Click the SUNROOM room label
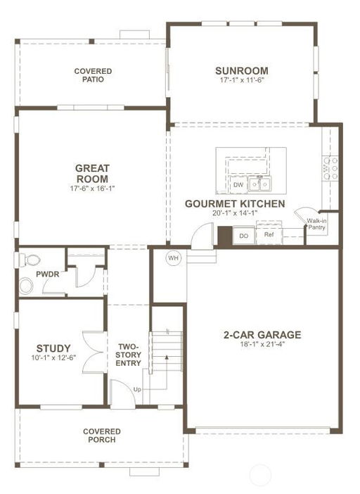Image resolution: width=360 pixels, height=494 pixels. point(242,70)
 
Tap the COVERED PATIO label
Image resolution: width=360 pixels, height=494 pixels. point(93,75)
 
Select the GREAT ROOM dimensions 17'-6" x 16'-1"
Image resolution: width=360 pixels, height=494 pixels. point(93,189)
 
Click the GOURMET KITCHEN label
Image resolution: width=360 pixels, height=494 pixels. point(235,204)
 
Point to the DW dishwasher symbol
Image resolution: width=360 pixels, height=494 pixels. point(238,184)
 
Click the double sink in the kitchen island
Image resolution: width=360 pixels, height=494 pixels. point(259,184)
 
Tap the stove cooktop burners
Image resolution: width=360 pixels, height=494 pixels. point(330,169)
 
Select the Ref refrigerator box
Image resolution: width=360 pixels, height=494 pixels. point(269,234)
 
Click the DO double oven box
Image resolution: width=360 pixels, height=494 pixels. point(243,235)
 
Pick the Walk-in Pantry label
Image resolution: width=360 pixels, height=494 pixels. point(316,224)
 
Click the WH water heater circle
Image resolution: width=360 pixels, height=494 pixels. point(173,258)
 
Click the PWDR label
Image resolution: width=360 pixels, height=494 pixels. point(48,274)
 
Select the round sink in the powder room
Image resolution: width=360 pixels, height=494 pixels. point(26,286)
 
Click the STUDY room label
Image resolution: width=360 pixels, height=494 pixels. point(53,348)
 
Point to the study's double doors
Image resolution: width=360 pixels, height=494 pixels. point(93,352)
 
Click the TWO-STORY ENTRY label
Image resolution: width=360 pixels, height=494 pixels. point(128,355)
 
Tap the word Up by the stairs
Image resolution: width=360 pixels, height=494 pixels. point(137,390)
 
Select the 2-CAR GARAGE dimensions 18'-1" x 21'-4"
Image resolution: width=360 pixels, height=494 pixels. point(262,344)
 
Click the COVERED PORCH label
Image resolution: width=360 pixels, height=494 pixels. point(102,436)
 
